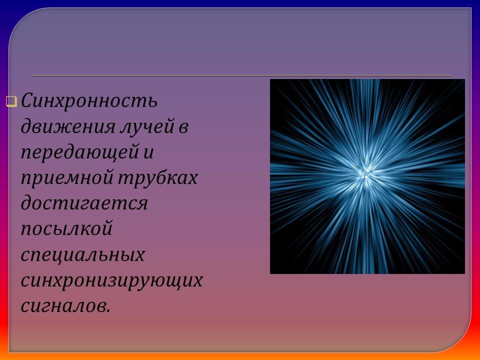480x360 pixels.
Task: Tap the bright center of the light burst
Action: click(x=366, y=173)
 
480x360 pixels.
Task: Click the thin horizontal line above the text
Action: click(x=240, y=75)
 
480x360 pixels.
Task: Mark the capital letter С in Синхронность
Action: click(x=27, y=102)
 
